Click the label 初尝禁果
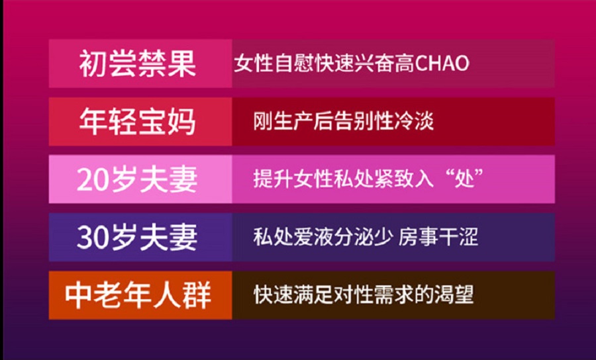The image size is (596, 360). coord(137,64)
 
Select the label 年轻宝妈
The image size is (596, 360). coord(137,122)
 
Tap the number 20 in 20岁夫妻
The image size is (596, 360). coord(93,180)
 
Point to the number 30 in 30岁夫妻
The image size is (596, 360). coord(93,238)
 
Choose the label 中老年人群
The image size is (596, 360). coord(138,295)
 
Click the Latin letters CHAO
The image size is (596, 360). coord(442,64)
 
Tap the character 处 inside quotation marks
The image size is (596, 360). coord(466,179)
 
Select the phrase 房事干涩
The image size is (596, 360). coord(438,237)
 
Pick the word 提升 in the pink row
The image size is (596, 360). coord(273,179)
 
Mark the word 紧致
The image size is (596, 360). coord(394,179)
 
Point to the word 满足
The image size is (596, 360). coord(314,294)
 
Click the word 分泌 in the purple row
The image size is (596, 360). coord(354,237)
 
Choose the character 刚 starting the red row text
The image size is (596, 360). coord(263,122)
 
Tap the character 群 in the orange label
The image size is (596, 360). coord(197,295)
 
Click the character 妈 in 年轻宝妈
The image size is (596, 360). coord(181,122)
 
